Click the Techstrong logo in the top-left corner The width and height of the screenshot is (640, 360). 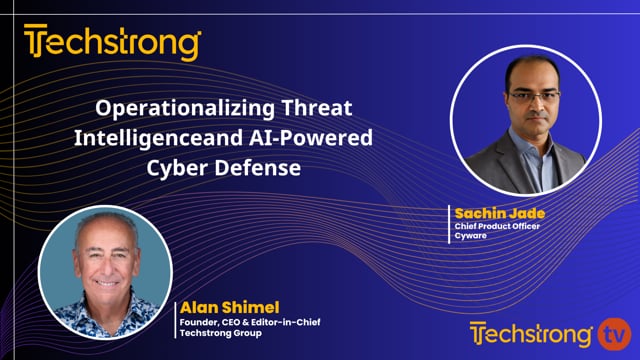[113, 43]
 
